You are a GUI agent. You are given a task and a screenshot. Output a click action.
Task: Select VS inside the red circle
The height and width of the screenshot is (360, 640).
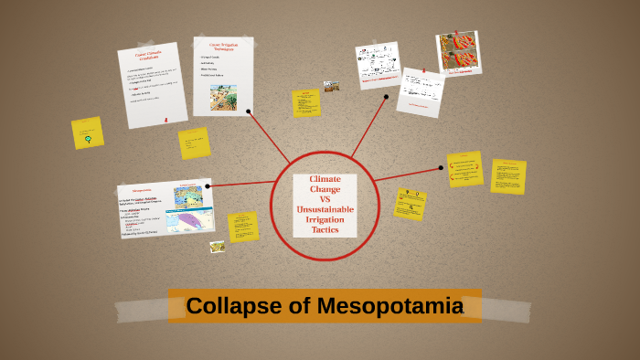(325, 199)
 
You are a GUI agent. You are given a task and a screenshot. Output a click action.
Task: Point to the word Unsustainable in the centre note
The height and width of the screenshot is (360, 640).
(325, 210)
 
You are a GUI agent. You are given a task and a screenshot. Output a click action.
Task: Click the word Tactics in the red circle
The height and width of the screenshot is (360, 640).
(325, 230)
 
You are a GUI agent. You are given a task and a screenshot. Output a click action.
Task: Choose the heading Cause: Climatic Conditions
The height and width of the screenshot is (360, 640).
(144, 56)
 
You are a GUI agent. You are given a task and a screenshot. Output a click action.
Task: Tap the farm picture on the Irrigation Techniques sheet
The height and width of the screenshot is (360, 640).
(223, 97)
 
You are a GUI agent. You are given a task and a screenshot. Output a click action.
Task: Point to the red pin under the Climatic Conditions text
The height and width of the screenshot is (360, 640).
(165, 119)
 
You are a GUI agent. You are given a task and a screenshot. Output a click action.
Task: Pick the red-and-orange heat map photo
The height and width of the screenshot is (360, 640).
(458, 53)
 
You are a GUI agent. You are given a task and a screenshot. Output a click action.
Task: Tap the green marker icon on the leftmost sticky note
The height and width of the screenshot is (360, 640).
(88, 139)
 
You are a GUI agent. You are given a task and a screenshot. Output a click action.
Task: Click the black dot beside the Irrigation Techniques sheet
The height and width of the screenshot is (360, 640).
(249, 111)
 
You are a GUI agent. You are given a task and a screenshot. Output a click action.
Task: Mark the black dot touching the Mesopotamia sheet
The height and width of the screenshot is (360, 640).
(208, 186)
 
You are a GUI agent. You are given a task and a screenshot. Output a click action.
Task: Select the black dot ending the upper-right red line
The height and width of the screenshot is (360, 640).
(387, 96)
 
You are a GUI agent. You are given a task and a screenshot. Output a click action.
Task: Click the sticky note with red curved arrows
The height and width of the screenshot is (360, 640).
(464, 168)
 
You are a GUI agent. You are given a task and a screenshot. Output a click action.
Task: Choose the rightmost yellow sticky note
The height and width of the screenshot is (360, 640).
(507, 176)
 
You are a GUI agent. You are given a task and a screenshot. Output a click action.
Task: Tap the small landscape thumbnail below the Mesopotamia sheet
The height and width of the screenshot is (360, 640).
(217, 247)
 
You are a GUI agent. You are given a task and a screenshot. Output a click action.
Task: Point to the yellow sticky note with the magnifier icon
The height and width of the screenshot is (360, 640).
(410, 203)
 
